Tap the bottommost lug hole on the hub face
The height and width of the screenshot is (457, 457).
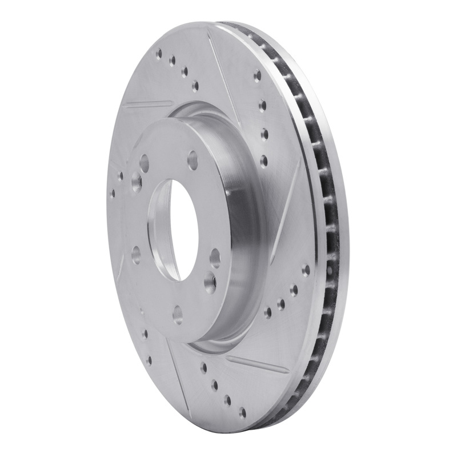coord(178,312)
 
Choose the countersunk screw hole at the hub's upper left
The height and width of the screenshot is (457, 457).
coord(134,183)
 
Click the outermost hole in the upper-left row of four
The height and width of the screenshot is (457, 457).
coord(158,54)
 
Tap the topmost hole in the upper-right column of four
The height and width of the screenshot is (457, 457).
coord(257,75)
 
